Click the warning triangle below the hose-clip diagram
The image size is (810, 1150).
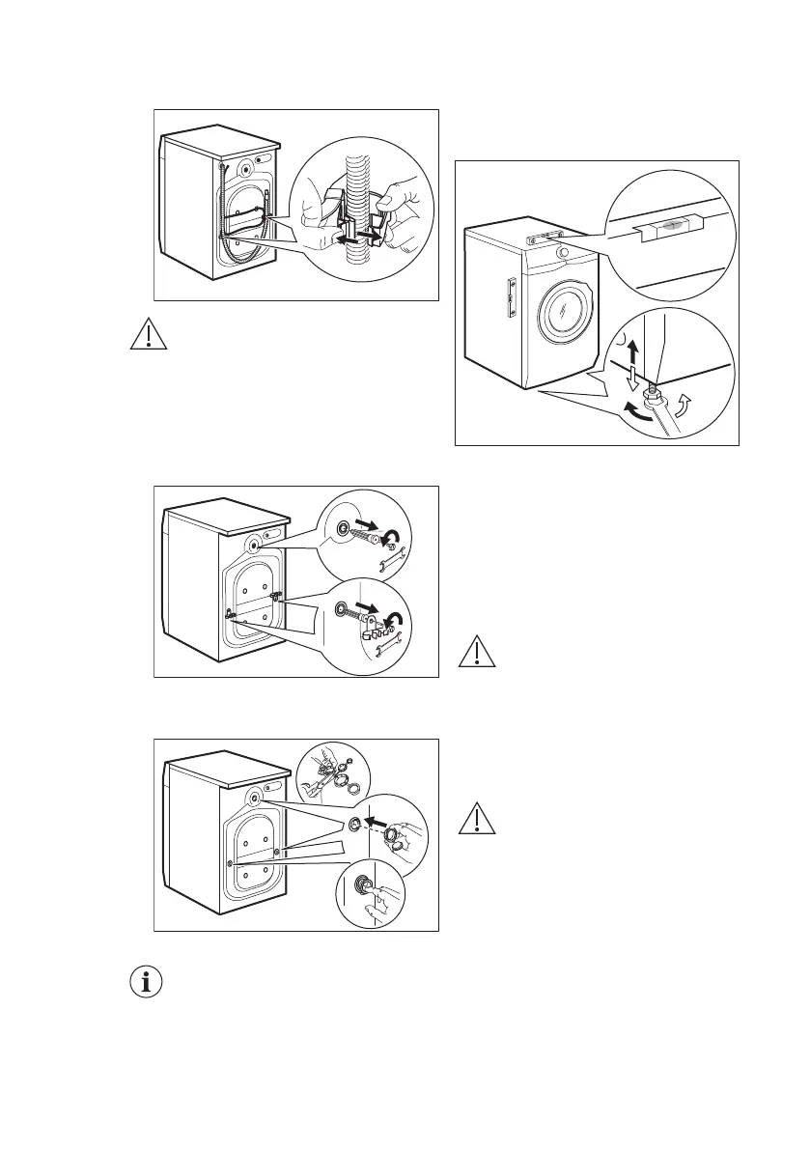coord(148,333)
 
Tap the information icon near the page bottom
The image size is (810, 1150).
coord(147,983)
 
